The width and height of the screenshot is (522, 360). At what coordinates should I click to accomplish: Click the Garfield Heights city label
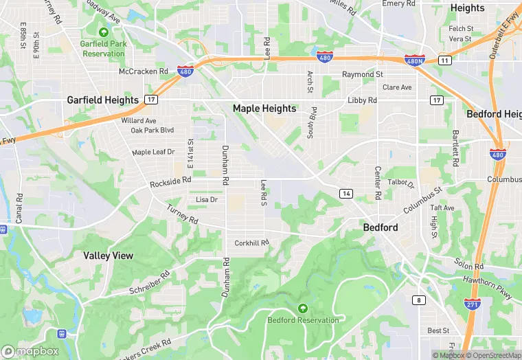point(102,100)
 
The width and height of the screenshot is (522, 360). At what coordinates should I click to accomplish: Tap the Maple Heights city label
point(264,109)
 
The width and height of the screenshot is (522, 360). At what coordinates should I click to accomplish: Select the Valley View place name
point(108,256)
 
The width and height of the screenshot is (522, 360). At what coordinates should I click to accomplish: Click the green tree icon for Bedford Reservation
point(302,308)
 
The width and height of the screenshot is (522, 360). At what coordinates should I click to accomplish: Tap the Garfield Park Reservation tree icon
point(104,32)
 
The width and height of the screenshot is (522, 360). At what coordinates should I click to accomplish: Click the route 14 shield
point(346,194)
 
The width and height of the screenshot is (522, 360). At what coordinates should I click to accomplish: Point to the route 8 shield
point(419,300)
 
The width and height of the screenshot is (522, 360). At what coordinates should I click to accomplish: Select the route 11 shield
point(445,61)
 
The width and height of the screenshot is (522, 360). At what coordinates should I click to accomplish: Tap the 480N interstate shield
point(414,61)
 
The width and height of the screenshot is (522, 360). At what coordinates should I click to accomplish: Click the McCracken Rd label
point(143,71)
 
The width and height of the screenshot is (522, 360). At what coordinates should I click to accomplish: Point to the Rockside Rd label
point(170,182)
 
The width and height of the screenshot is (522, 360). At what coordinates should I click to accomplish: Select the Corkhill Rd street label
point(251,243)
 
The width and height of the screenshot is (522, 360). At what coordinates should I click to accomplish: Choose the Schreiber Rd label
point(149,283)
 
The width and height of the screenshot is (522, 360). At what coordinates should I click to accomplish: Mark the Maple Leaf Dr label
point(153,152)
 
